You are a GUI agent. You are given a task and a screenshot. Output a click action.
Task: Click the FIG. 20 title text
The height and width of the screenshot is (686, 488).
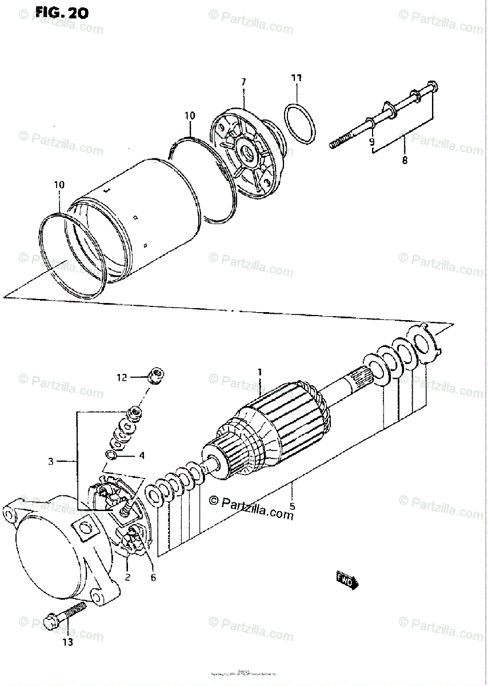pos(62,13)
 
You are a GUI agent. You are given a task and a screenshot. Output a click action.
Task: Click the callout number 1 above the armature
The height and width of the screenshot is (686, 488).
pos(259,373)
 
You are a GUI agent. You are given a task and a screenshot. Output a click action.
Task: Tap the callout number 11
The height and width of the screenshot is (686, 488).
pos(297,78)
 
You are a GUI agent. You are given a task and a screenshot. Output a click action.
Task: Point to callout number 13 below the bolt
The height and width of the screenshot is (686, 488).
pos(67,643)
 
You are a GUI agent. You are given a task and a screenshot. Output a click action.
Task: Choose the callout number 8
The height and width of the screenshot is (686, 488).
pos(405,161)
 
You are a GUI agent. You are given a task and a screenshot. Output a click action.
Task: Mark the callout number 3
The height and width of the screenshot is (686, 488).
pos(51,461)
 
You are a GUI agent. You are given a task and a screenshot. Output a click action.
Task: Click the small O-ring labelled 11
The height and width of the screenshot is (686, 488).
pos(299,124)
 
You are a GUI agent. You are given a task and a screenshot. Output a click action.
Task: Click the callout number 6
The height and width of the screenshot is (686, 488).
pos(153,577)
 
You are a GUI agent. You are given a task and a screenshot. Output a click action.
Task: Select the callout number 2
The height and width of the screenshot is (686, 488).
pos(127,577)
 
